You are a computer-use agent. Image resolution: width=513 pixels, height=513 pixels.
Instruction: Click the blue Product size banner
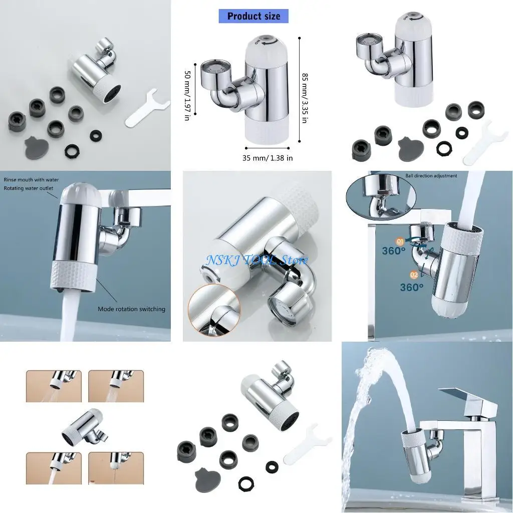pyautogui.click(x=253, y=16)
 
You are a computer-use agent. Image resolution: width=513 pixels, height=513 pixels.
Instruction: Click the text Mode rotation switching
pyautogui.click(x=131, y=309)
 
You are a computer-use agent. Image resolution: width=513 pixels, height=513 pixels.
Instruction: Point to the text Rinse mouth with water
pyautogui.click(x=31, y=179)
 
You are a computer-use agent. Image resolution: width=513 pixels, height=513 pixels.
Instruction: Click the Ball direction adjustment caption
pyautogui.click(x=431, y=176)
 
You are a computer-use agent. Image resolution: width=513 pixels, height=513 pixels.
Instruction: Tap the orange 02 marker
pyautogui.click(x=413, y=275)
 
